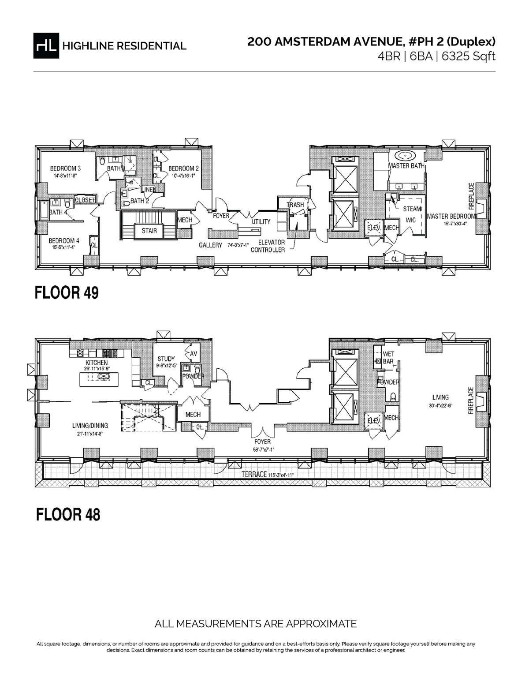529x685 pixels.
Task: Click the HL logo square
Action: [45, 45]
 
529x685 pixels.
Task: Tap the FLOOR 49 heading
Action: [67, 293]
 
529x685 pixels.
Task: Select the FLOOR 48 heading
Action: [68, 514]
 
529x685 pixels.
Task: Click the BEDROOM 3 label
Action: [66, 168]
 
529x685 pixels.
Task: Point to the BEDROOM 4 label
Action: [64, 241]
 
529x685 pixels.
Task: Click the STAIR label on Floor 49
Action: [149, 231]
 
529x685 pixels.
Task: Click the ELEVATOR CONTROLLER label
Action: [268, 246]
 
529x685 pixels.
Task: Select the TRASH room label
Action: [296, 205]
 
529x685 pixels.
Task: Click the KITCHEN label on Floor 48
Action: [97, 363]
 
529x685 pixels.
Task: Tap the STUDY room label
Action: [166, 359]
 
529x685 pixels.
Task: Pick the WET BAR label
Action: [388, 358]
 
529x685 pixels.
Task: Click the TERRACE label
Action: [253, 475]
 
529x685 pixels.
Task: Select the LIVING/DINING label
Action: [90, 426]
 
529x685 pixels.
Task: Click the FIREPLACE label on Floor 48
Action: [471, 401]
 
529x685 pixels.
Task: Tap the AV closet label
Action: [194, 353]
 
